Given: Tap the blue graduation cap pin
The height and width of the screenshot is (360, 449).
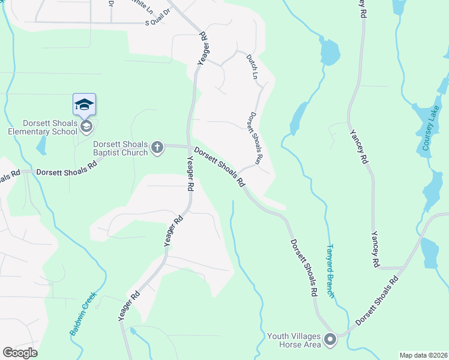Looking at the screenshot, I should click(84, 105).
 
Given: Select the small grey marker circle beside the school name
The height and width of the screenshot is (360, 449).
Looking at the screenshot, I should click(87, 126).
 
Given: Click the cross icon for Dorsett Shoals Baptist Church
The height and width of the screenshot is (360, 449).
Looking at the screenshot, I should click(157, 148).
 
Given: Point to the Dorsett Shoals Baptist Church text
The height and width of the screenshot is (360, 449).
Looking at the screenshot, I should click(120, 148).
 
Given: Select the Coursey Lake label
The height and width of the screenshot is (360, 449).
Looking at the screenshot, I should click(430, 128).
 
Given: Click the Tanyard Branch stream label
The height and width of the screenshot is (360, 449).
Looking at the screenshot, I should click(330, 269).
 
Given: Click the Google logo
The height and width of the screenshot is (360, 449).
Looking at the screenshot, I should click(20, 353).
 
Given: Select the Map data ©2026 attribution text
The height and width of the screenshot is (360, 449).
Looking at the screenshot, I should click(423, 355).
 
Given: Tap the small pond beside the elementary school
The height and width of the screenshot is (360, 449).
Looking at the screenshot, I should click(41, 146).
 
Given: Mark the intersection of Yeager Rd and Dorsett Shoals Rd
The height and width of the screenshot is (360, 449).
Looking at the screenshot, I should click(190, 146).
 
